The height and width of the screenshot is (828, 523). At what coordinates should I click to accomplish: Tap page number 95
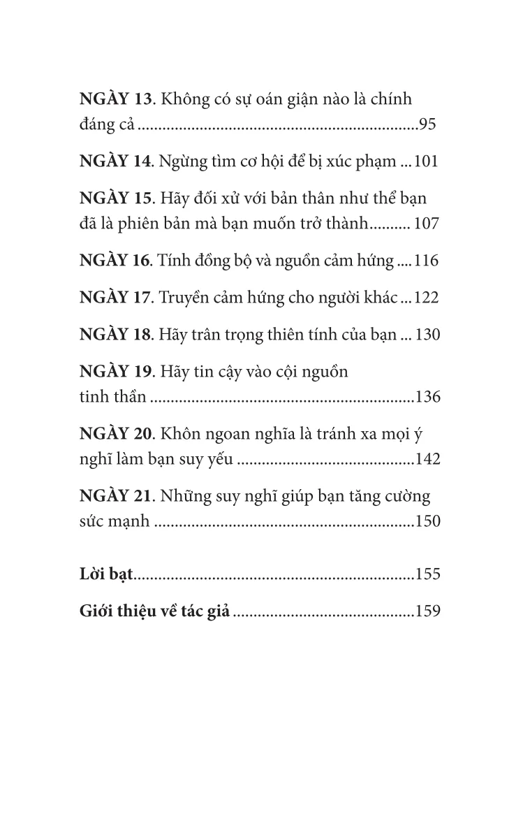[427, 126]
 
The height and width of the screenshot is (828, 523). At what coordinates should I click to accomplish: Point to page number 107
[427, 226]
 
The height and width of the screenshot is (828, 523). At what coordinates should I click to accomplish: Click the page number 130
[427, 334]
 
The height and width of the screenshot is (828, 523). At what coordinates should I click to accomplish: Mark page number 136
[427, 398]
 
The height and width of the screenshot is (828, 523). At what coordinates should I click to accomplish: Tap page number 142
[427, 460]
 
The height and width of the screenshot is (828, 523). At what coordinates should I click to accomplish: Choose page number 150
[427, 522]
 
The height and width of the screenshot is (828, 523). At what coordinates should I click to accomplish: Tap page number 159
[427, 611]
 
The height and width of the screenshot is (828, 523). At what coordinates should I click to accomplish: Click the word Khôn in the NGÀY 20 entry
[179, 433]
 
